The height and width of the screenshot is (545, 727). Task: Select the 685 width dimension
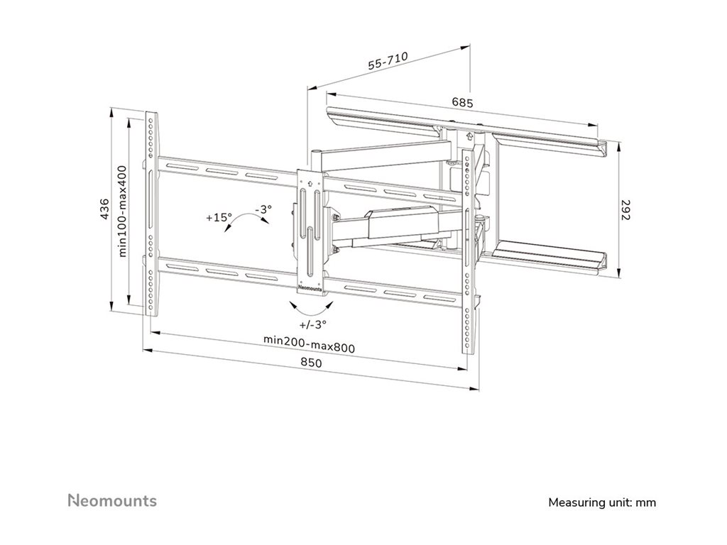tap(462, 102)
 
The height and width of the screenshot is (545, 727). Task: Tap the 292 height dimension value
tap(627, 211)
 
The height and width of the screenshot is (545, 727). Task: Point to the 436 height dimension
tap(104, 211)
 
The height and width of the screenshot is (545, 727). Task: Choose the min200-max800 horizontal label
tap(309, 339)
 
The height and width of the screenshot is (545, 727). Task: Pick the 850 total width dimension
tap(310, 363)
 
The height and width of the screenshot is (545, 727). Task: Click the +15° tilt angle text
tap(219, 218)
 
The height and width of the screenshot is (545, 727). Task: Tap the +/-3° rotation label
tap(312, 324)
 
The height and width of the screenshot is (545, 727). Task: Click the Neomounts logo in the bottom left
tap(112, 501)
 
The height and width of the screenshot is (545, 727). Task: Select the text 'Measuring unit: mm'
tap(602, 502)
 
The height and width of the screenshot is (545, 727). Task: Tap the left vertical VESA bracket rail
tap(151, 213)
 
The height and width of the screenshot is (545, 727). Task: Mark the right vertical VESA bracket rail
tap(468, 252)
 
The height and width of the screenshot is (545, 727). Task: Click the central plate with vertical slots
tap(310, 227)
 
